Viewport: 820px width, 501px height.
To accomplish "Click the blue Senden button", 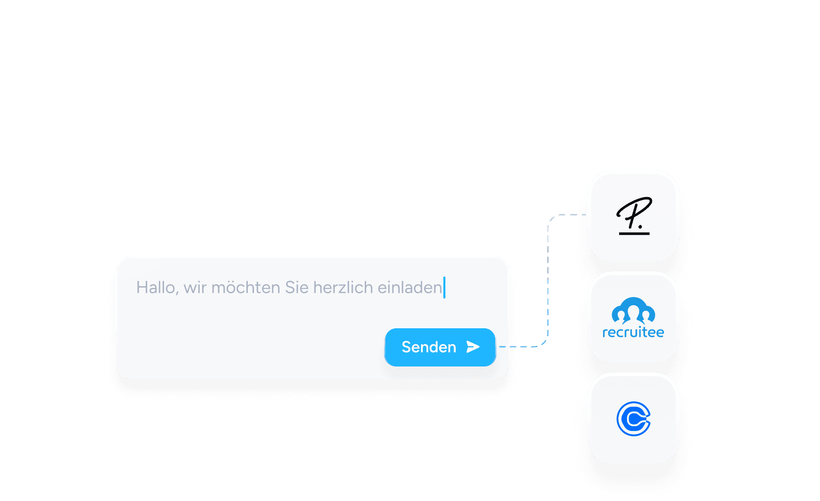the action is coord(440,347).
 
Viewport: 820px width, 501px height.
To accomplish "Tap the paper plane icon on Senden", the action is coord(473,347).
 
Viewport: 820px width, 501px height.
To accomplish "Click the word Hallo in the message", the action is coord(156,288).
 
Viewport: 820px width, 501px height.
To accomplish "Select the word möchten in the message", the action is coord(246,288).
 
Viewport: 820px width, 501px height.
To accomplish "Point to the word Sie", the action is coord(297,288).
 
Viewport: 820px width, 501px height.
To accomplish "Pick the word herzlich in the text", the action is coord(343,288).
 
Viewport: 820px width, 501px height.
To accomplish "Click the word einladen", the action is coord(410,288).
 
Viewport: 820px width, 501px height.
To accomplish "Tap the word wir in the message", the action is coord(195,288).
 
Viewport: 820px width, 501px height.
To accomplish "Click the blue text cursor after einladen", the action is coord(444,288).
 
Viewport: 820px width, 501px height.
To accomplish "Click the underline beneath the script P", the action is coord(634,234).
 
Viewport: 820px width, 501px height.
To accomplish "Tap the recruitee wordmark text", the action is coord(634,332).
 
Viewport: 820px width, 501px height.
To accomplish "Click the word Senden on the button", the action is coord(429,347).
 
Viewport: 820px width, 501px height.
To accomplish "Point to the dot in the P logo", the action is coord(640,226).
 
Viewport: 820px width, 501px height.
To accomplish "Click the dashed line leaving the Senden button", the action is coord(519,347).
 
